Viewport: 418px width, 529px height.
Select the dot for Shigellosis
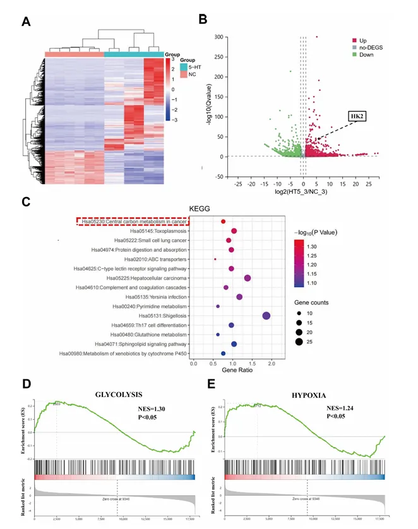pos(266,316)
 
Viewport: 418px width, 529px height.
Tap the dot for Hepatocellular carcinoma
pos(248,278)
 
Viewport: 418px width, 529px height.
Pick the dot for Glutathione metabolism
pos(218,335)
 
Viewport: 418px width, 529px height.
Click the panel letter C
pos(26,202)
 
